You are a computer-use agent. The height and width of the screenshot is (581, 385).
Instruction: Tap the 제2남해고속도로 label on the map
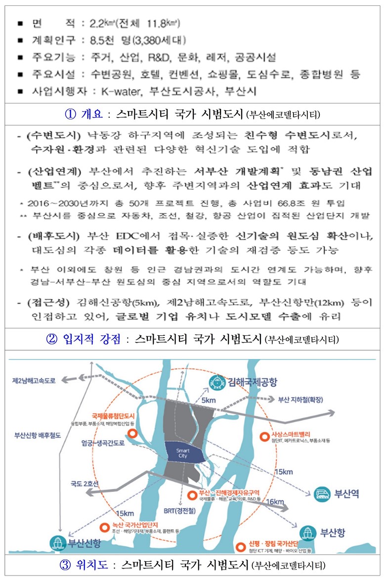[x=35, y=381]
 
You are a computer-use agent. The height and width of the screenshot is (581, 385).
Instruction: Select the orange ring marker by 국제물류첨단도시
[x=132, y=434]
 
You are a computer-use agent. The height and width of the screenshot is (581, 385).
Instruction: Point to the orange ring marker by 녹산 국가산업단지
[x=103, y=527]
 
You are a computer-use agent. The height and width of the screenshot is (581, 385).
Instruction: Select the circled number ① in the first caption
[x=72, y=114]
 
